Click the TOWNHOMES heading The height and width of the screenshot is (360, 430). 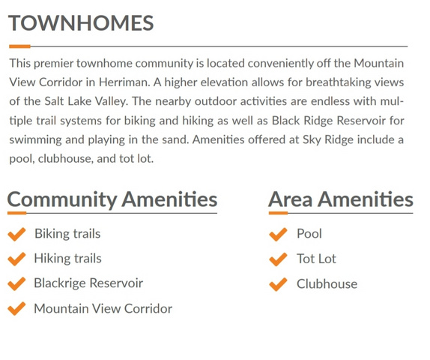[81, 23]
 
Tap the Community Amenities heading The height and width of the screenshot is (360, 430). [112, 199]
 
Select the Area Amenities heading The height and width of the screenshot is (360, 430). [341, 199]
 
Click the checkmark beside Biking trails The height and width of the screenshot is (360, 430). [16, 234]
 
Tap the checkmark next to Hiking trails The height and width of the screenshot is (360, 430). [16, 259]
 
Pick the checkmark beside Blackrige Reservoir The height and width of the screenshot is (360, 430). [16, 283]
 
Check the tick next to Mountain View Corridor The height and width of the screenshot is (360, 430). [16, 309]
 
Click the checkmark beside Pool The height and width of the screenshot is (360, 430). [278, 234]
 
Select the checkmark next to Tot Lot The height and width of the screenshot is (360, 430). [278, 259]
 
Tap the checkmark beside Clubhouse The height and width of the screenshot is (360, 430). [278, 284]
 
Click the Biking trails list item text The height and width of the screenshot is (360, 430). [67, 234]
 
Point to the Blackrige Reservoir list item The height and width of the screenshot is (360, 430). [88, 283]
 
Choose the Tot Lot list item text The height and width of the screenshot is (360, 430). [316, 259]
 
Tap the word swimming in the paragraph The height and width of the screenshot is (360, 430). [35, 140]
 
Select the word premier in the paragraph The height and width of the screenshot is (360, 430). [53, 64]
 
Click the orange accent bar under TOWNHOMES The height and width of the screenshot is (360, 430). [19, 46]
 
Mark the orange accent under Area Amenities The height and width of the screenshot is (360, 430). [278, 213]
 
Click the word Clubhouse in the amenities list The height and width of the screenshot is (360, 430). [327, 284]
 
